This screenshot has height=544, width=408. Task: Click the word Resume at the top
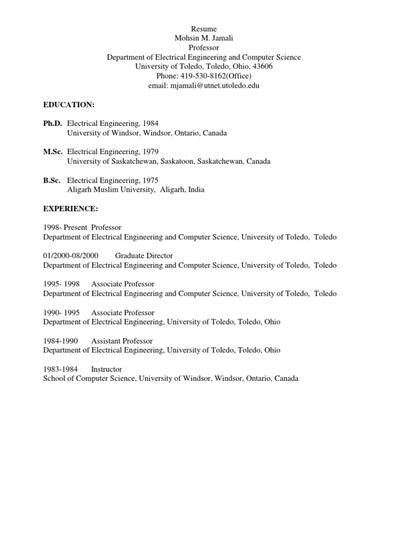pyautogui.click(x=204, y=29)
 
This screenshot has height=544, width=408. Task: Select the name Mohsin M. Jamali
pyautogui.click(x=204, y=38)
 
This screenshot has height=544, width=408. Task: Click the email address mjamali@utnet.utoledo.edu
pyautogui.click(x=215, y=86)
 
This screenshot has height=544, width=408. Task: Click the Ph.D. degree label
pyautogui.click(x=53, y=123)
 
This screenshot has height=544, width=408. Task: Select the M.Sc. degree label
pyautogui.click(x=53, y=152)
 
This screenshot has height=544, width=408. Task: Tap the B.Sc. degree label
pyautogui.click(x=53, y=180)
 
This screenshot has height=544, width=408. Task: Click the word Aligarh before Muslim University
pyautogui.click(x=81, y=190)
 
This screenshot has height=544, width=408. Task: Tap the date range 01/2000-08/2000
pyautogui.click(x=71, y=256)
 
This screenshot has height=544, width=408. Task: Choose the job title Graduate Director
pyautogui.click(x=144, y=256)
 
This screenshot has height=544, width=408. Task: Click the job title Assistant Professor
pyautogui.click(x=122, y=341)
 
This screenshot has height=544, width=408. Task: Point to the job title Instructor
pyautogui.click(x=106, y=369)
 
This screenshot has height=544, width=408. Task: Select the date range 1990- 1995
pyautogui.click(x=62, y=312)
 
